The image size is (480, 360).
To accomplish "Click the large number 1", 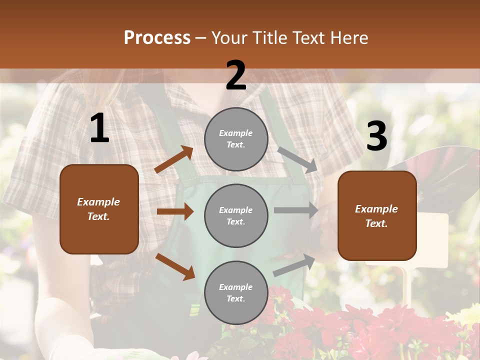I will click(99, 128).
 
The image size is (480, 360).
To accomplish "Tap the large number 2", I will click(236, 75).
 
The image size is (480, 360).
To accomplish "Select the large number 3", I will click(376, 136).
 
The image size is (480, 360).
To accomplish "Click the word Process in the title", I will click(157, 37).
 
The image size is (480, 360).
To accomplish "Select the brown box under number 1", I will click(99, 209).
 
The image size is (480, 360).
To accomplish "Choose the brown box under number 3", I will click(377, 216).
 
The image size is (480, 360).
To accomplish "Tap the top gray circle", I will click(236, 139).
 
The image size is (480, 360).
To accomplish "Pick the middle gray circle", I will click(236, 216).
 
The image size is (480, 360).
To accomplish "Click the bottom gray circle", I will click(236, 292).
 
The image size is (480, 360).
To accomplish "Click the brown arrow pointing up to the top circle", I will click(174, 159).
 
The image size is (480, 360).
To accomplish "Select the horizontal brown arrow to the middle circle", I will click(175, 211).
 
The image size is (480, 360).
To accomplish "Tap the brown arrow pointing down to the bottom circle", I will click(175, 266).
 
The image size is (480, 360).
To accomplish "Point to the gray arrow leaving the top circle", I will click(298, 159).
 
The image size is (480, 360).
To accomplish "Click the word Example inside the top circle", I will click(236, 133).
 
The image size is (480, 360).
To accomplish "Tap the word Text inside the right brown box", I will click(376, 223).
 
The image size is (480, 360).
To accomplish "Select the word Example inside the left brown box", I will click(98, 202).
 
